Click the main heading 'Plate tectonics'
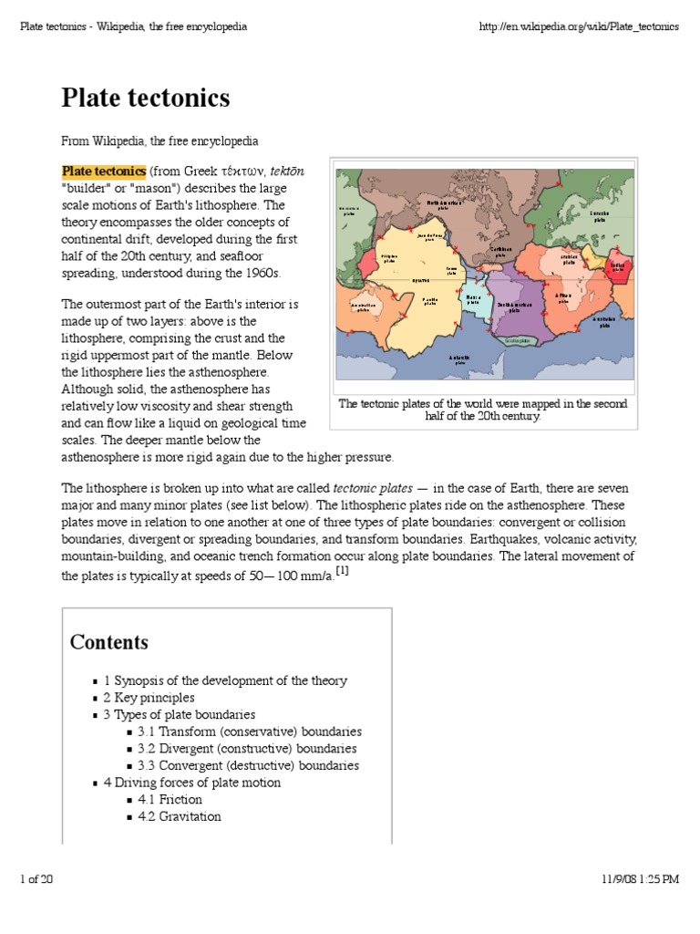[145, 99]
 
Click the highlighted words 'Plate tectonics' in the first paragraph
[103, 171]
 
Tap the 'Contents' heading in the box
[108, 642]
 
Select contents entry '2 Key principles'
[149, 698]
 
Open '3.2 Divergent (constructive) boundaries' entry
[247, 749]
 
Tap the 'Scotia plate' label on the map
[504, 339]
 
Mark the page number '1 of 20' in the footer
[36, 879]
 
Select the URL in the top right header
[579, 26]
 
